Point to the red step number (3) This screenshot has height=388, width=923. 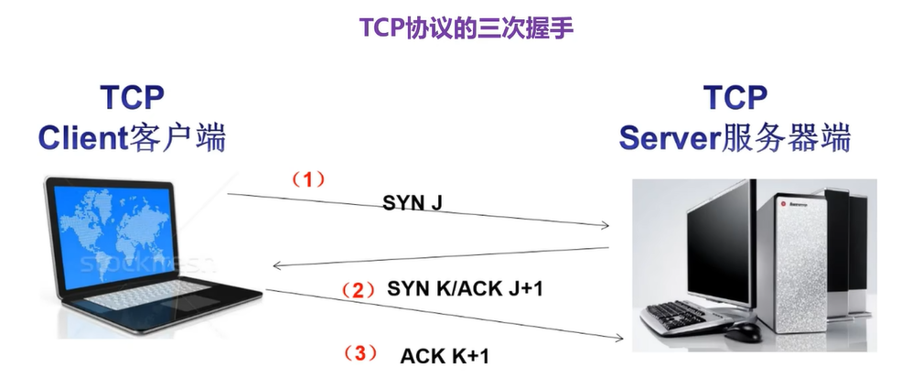coord(359,353)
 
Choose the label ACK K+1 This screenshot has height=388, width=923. coord(445,355)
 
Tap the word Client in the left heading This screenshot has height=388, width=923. coord(80,138)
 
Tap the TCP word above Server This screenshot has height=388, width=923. coord(735,97)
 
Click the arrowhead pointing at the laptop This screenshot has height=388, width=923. coord(277,266)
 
